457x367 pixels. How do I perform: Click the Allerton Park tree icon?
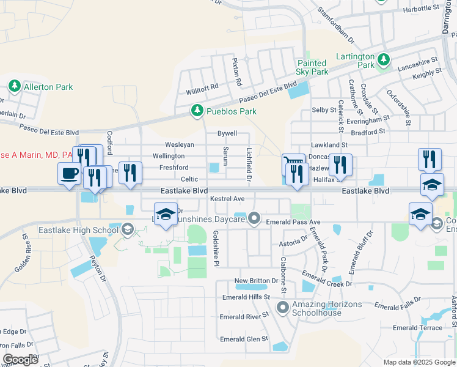pos(15,87)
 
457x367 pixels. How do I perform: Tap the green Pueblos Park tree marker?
pos(197,111)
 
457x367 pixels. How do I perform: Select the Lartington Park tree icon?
pos(383,59)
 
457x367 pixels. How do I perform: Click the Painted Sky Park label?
pos(312,67)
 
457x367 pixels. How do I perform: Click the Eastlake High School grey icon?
pos(127,229)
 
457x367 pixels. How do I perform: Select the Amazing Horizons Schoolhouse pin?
pos(282,307)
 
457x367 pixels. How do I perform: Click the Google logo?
pos(21,360)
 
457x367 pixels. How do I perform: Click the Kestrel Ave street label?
pos(227,199)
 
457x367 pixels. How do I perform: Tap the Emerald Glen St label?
pos(244,339)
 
